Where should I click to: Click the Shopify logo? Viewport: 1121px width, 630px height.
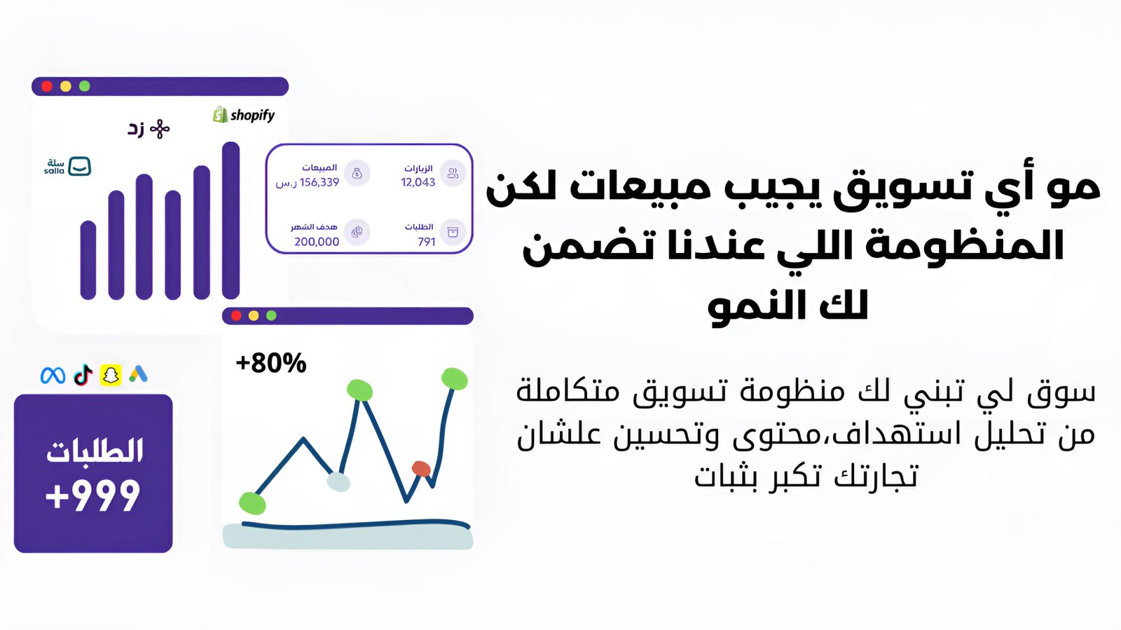pyautogui.click(x=244, y=115)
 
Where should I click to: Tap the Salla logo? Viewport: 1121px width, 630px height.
pyautogui.click(x=67, y=166)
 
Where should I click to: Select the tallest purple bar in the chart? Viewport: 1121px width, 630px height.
pyautogui.click(x=231, y=220)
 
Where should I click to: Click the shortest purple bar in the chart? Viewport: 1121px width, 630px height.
pyautogui.click(x=88, y=260)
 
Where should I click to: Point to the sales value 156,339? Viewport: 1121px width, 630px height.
pyautogui.click(x=319, y=182)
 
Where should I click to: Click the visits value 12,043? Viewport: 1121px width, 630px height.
pyautogui.click(x=418, y=182)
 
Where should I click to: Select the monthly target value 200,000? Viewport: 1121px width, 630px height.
pyautogui.click(x=317, y=242)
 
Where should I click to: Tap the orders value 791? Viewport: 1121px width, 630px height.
pyautogui.click(x=427, y=242)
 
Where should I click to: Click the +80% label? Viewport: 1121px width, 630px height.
pyautogui.click(x=270, y=363)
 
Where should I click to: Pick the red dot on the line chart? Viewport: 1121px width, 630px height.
pyautogui.click(x=421, y=469)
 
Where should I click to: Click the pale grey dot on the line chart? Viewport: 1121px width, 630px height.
pyautogui.click(x=338, y=482)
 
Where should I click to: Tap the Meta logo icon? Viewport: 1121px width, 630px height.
pyautogui.click(x=53, y=376)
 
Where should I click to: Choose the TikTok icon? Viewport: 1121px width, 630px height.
pyautogui.click(x=83, y=375)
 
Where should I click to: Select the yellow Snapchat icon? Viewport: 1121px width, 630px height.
pyautogui.click(x=111, y=375)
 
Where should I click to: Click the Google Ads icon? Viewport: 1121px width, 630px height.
pyautogui.click(x=138, y=374)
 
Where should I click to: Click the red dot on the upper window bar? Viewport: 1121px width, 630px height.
pyautogui.click(x=47, y=86)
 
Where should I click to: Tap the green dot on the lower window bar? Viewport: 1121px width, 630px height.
pyautogui.click(x=271, y=315)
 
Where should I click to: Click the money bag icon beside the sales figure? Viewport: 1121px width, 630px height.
pyautogui.click(x=357, y=173)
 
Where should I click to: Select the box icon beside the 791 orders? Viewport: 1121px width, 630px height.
pyautogui.click(x=453, y=232)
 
